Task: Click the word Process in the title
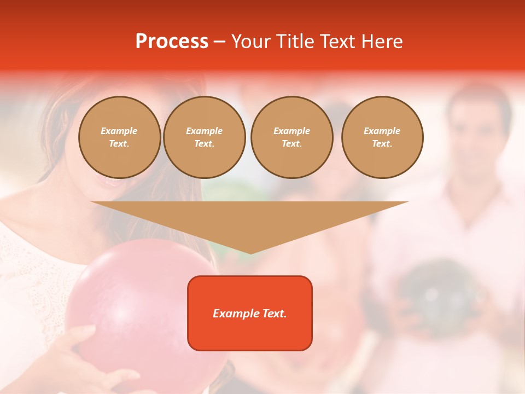coord(172,42)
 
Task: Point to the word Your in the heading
coord(250,42)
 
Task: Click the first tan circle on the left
coord(119,137)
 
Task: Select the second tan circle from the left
coord(204,137)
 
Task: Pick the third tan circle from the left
coord(291,137)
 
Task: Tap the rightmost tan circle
coord(382,137)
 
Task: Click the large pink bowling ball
coord(137,306)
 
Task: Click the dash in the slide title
coord(219,42)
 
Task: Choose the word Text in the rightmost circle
coord(382,144)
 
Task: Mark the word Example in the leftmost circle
coord(119,131)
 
